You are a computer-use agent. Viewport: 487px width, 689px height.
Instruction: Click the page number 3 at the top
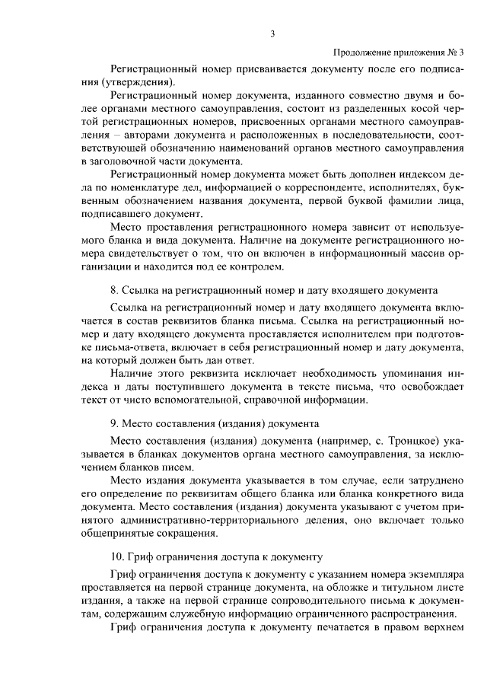272,32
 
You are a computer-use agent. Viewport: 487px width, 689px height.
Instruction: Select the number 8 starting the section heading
113,290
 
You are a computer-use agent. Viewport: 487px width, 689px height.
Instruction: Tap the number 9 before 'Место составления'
113,423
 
